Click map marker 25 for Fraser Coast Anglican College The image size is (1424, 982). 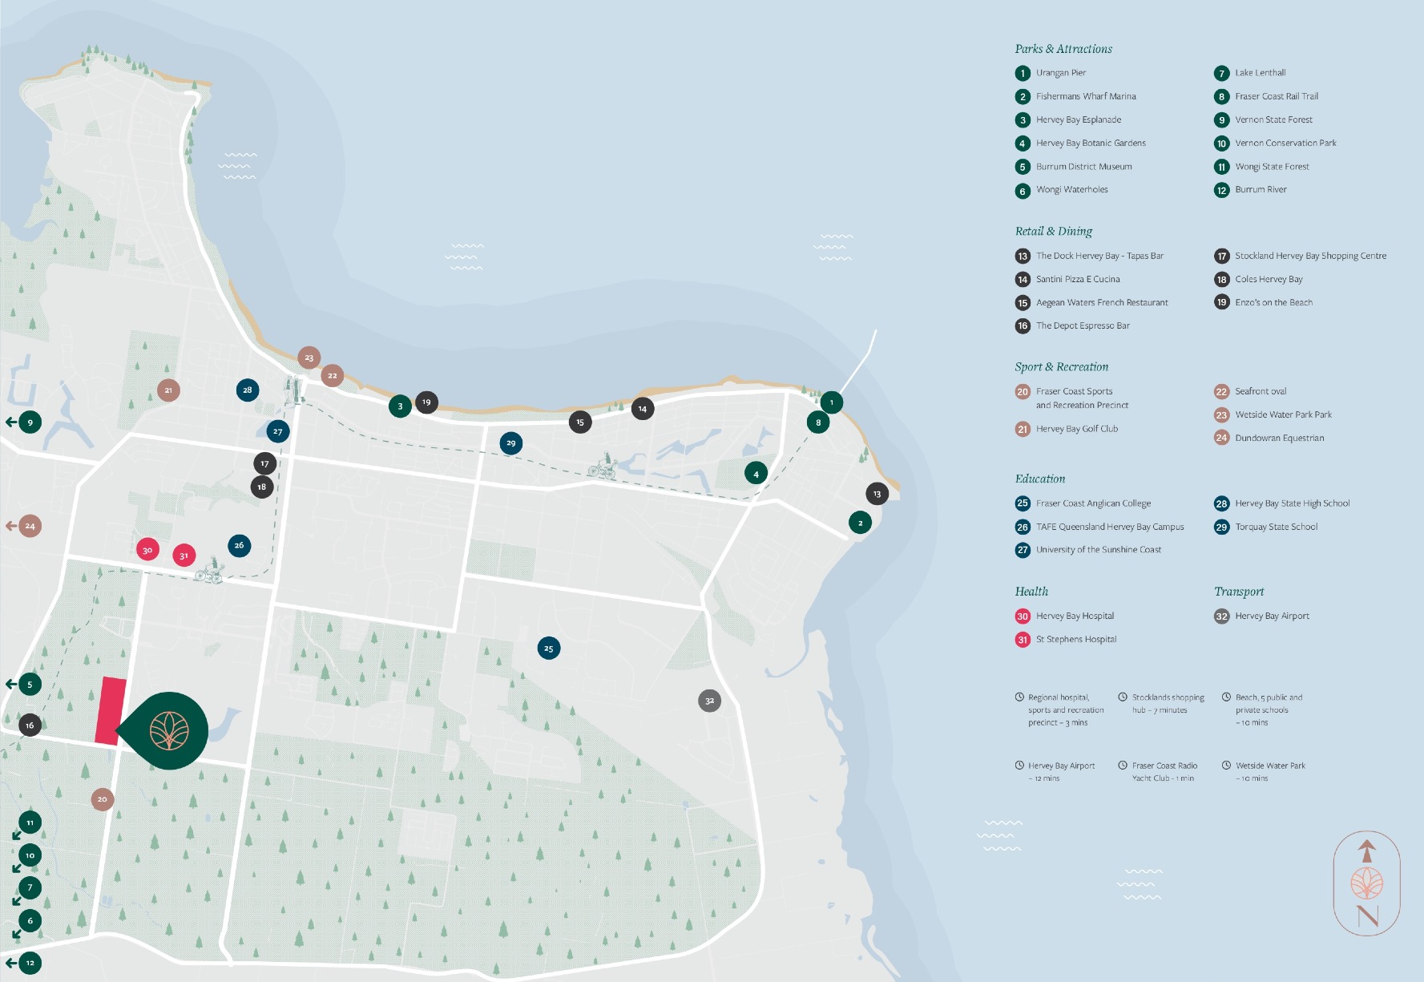point(549,648)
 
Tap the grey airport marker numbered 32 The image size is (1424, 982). point(709,701)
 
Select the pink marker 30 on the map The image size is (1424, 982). point(147,550)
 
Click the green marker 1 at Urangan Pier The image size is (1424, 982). point(831,402)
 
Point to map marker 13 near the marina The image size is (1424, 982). point(877,494)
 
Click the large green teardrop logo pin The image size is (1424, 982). point(169,730)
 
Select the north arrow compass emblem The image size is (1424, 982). point(1367,883)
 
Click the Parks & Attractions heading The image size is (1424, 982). point(1063,49)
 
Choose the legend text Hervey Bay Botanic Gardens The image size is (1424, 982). point(1091,143)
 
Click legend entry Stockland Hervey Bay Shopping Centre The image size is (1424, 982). point(1310,256)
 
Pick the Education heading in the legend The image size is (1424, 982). point(1040,479)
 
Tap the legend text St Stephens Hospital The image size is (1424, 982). point(1075,639)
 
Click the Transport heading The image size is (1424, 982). point(1239,592)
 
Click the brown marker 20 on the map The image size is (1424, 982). point(102,798)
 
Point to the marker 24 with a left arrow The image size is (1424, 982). point(30,526)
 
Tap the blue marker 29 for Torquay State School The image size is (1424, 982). point(510,443)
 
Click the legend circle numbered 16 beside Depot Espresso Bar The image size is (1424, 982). point(1023,325)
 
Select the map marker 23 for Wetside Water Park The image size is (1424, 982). point(309,358)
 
